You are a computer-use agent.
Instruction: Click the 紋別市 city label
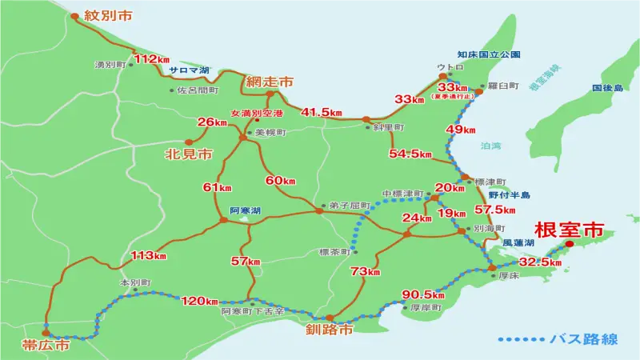(107, 16)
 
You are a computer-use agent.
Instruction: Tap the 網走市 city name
(270, 82)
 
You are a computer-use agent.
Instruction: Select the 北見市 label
(186, 152)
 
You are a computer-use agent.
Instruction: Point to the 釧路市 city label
(330, 329)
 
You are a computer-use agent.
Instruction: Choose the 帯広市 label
(46, 345)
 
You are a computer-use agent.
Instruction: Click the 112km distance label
(152, 59)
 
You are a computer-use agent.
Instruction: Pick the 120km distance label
(200, 301)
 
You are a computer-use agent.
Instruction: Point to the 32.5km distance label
(541, 262)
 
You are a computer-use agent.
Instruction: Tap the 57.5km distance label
(494, 210)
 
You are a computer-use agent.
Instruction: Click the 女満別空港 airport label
(257, 114)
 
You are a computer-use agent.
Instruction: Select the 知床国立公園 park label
(490, 54)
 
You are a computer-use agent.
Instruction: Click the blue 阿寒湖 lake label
(245, 210)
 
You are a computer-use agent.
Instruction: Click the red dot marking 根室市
(570, 245)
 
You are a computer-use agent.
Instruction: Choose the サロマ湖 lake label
(188, 70)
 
